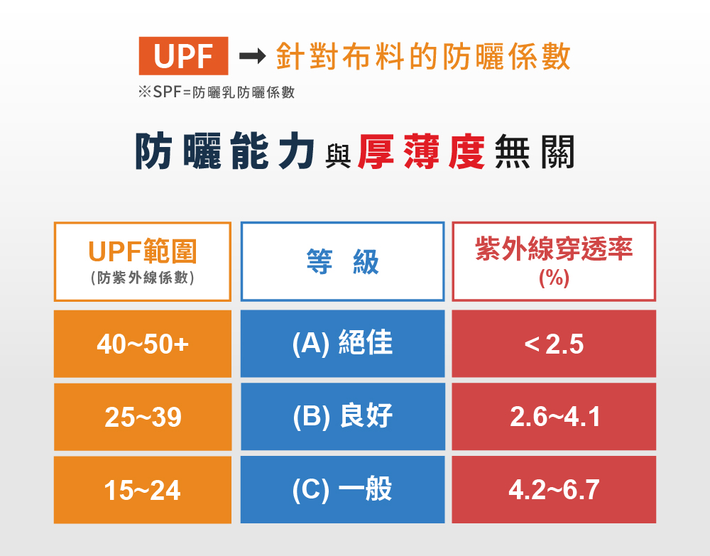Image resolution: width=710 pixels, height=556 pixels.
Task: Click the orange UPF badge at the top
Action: click(x=183, y=56)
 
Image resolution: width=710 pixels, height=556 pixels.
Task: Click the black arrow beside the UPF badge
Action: click(x=253, y=56)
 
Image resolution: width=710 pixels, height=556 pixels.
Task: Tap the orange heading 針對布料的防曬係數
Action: click(x=423, y=57)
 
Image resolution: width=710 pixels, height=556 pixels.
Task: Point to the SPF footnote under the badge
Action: click(x=217, y=92)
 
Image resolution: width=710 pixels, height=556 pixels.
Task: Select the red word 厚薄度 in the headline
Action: click(x=421, y=152)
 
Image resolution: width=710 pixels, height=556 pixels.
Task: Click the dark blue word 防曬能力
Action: click(x=224, y=151)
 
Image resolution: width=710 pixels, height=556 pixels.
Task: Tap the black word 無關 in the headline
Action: click(x=535, y=152)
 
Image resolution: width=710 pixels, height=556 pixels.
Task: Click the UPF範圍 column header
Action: click(x=143, y=262)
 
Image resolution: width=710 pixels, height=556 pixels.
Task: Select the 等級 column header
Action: click(x=342, y=262)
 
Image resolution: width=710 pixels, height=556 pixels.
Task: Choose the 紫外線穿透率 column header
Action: click(x=554, y=262)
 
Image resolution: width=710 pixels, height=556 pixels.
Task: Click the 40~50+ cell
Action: click(x=143, y=344)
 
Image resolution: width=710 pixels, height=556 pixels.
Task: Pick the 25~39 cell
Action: click(x=143, y=417)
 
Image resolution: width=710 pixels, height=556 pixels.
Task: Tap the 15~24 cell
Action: click(x=143, y=490)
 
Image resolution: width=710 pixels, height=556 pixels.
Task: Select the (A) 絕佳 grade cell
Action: click(x=342, y=344)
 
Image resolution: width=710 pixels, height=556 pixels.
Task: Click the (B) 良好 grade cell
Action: click(x=342, y=417)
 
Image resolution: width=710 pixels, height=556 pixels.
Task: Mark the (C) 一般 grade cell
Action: click(x=342, y=490)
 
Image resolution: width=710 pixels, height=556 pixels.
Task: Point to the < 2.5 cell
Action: click(x=554, y=344)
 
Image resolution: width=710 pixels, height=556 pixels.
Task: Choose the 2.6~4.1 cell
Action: click(x=554, y=417)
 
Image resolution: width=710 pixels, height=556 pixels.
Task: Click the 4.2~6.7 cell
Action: click(x=554, y=490)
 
